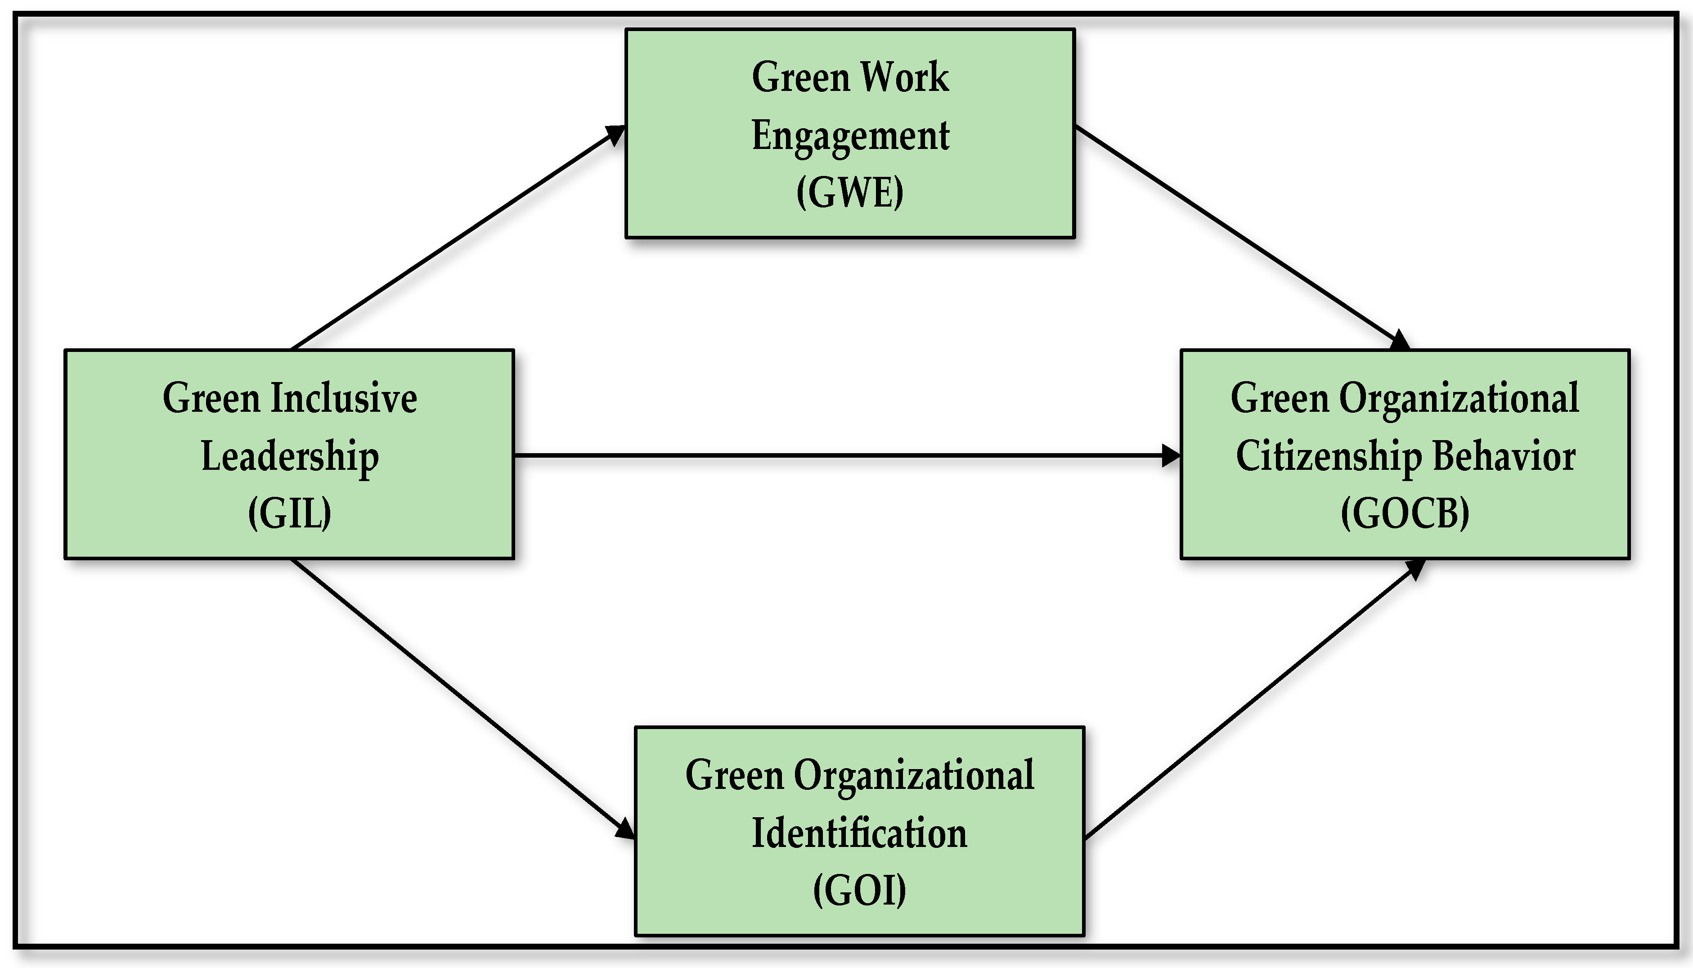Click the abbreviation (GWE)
850,193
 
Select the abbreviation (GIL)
290,513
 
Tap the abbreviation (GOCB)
1405,513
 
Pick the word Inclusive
344,398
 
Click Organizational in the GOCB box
1459,398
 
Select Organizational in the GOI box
914,775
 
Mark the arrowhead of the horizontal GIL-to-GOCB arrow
1171,455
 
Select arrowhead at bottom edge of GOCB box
1416,568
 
